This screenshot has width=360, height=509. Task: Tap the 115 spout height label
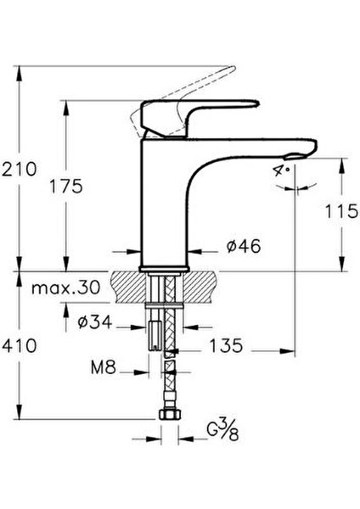pyautogui.click(x=342, y=212)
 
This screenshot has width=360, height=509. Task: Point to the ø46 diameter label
pyautogui.click(x=243, y=247)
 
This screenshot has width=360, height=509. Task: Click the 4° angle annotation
pyautogui.click(x=280, y=171)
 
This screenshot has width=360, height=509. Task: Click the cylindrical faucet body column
pyautogui.click(x=165, y=204)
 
